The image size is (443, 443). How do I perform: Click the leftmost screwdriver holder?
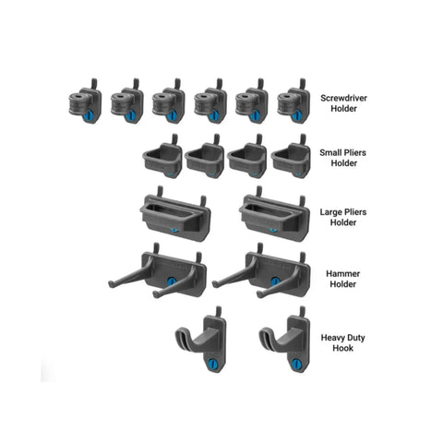click(x=85, y=102)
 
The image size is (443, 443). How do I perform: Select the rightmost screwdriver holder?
click(x=293, y=102)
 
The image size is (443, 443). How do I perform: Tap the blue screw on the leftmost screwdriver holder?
click(x=90, y=115)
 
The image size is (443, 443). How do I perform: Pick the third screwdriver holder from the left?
click(x=168, y=102)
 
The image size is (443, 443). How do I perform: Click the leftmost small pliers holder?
click(x=162, y=156)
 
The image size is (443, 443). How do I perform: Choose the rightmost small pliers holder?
click(x=291, y=156)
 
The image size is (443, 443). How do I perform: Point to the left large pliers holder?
click(x=175, y=213)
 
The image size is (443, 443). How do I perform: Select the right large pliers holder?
click(x=274, y=213)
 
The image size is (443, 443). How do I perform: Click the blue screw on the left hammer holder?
click(x=172, y=281)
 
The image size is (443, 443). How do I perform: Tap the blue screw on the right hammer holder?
click(x=275, y=281)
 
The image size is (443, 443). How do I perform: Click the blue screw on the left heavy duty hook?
click(x=213, y=365)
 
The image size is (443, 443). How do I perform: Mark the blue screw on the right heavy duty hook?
click(x=297, y=365)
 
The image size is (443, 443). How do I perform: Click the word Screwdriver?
click(x=343, y=98)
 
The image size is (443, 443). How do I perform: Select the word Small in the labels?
click(x=330, y=152)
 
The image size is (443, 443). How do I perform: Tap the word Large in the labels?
click(x=330, y=212)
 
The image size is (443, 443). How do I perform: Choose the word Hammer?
click(x=342, y=273)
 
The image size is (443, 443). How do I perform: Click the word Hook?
click(x=343, y=348)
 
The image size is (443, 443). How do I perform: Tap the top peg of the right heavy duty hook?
click(x=302, y=312)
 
